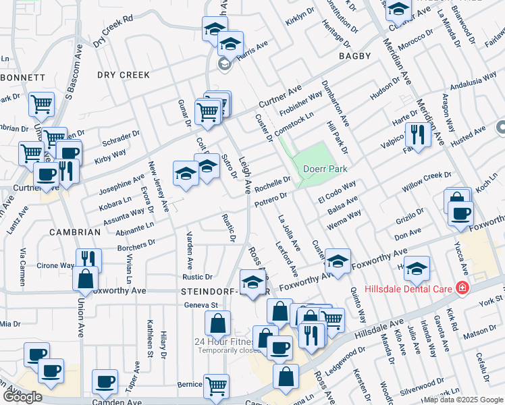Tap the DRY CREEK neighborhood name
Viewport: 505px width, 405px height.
coord(123,75)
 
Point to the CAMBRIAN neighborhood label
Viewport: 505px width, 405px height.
coord(75,232)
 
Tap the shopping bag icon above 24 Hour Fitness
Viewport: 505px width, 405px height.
coord(217,325)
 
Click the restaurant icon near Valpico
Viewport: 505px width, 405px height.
coord(419,135)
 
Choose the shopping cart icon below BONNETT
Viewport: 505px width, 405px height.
coord(42,105)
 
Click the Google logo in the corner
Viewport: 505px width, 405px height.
coord(22,397)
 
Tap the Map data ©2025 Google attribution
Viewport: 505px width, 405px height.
coord(463,400)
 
